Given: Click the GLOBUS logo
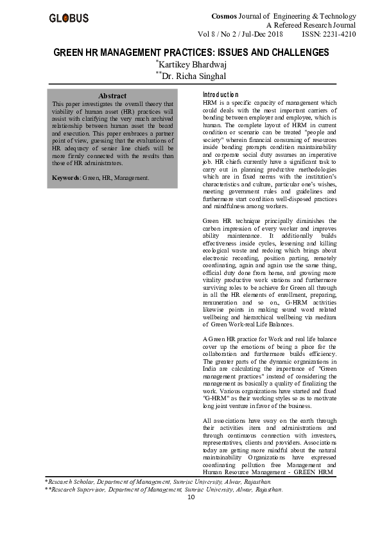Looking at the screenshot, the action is [69, 18].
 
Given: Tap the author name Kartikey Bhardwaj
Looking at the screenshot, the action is [191, 65].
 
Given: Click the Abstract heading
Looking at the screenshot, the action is [112, 96].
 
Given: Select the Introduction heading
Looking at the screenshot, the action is [220, 95].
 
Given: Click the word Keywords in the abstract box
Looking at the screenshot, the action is [66, 177].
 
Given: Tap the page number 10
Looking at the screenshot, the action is [191, 497].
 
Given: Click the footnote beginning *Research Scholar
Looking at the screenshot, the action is [157, 480].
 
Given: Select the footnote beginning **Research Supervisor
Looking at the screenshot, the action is [163, 489].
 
